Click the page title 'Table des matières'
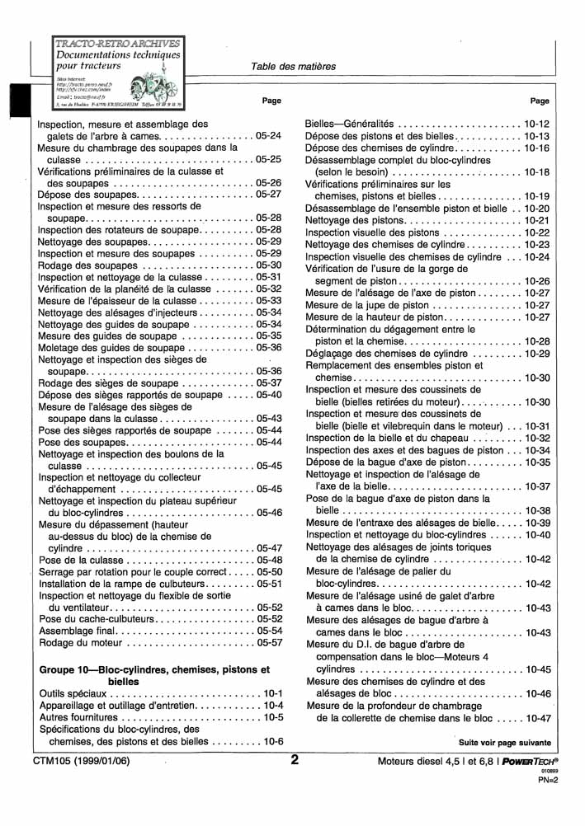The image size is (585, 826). (293, 67)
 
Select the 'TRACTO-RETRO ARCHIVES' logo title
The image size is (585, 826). (116, 42)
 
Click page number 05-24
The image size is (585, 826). (269, 135)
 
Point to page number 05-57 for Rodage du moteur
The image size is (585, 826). (269, 642)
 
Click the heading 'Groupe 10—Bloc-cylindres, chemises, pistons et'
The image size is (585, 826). (154, 669)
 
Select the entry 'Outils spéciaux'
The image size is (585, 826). (73, 694)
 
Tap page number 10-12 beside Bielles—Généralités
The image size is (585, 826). (536, 124)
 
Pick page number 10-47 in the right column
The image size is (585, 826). (536, 718)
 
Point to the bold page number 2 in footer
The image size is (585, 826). (295, 760)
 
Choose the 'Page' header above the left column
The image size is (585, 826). (271, 101)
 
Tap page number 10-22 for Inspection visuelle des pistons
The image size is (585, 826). (536, 233)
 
